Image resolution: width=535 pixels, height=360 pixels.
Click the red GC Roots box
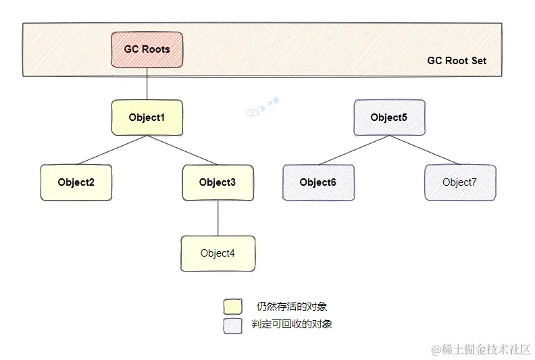[147, 49]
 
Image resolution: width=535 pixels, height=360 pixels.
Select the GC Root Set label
[456, 61]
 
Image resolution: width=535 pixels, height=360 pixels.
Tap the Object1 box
[147, 118]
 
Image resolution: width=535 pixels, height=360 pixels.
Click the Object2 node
[76, 182]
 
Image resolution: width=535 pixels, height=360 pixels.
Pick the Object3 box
[218, 182]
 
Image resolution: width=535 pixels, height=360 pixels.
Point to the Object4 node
[218, 253]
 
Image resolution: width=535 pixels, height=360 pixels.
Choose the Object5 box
[389, 118]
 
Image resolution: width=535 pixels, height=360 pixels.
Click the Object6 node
[317, 182]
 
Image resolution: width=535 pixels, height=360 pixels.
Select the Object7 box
[459, 182]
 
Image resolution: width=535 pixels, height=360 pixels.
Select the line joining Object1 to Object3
[182, 150]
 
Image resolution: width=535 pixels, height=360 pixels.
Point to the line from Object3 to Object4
[218, 217]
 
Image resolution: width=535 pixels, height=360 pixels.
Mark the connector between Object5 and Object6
[353, 150]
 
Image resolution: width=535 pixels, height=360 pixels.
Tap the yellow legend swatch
[232, 307]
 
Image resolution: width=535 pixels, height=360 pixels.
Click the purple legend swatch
[232, 325]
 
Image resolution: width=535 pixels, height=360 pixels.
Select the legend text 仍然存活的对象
[292, 307]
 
